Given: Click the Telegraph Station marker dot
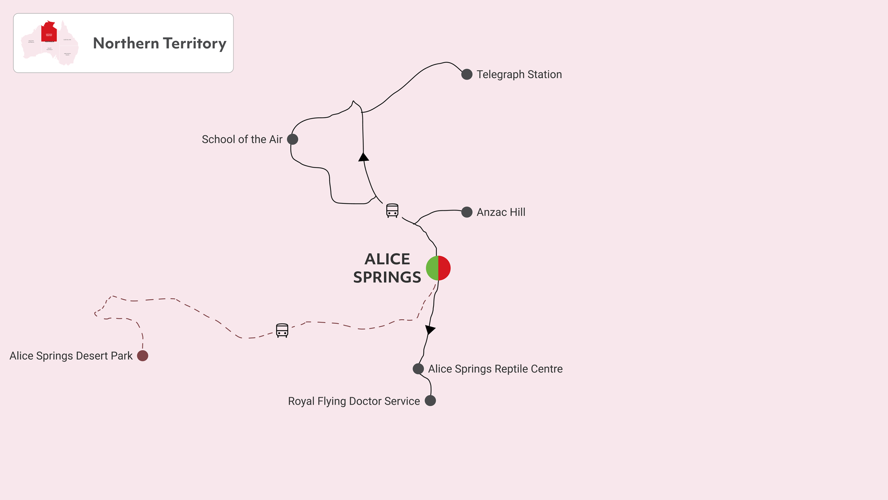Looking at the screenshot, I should click(x=467, y=74).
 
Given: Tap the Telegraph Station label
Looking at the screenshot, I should click(x=519, y=74).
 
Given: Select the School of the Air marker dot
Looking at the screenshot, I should click(x=292, y=140).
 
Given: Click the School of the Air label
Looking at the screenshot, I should click(x=242, y=140).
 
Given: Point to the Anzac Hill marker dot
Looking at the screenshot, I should click(x=467, y=212).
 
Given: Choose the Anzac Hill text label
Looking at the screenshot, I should click(x=501, y=212).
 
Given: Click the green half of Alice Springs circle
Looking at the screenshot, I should click(x=432, y=268).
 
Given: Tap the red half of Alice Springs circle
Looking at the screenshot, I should click(x=445, y=268).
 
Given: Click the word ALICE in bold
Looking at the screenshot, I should click(x=387, y=259).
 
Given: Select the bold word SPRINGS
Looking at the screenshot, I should click(x=387, y=277).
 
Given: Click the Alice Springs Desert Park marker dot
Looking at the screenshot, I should click(x=143, y=356).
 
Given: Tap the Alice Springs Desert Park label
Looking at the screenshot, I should click(x=71, y=356).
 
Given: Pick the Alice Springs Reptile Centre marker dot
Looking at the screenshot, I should click(x=418, y=369).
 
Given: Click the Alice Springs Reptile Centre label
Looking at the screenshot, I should click(x=495, y=369).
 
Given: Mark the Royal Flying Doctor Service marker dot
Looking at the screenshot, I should click(x=430, y=401).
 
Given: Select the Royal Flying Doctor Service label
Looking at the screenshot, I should click(x=354, y=401).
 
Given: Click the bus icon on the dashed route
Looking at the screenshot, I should click(x=282, y=330).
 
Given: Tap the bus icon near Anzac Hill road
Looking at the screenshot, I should click(x=392, y=211).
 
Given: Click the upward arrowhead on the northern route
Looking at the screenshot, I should click(x=363, y=158).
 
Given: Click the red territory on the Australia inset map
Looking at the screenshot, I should click(x=49, y=32).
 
